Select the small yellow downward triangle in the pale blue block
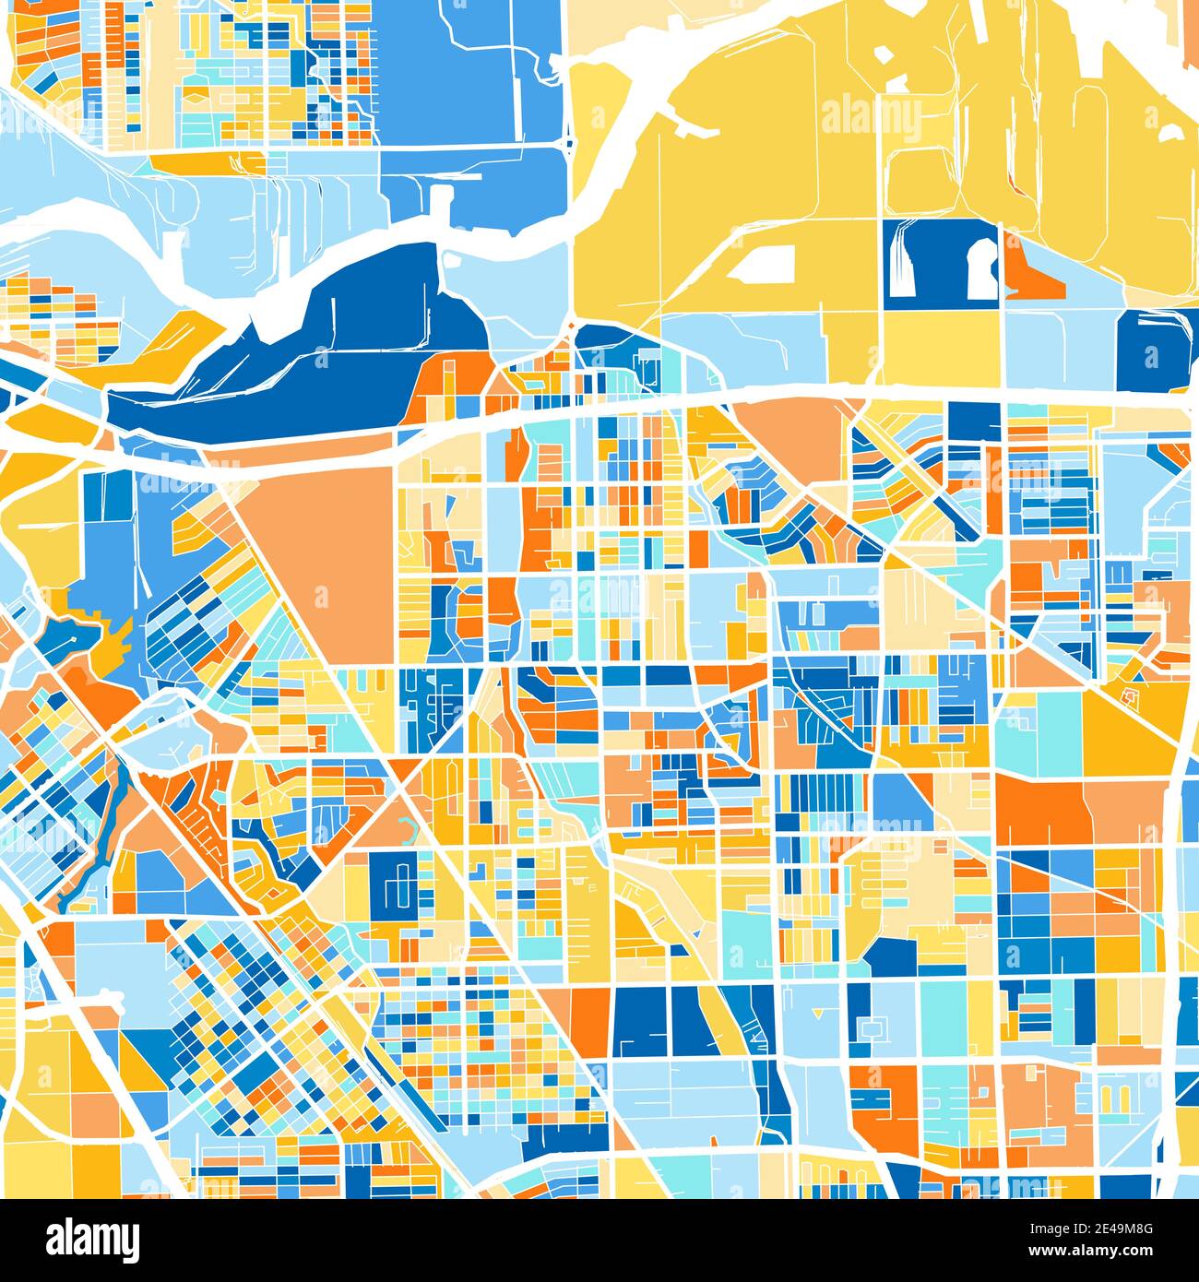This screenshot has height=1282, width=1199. point(816,1015)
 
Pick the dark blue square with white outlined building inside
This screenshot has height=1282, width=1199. point(401,884)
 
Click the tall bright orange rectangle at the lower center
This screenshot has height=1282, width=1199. point(589,1019)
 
